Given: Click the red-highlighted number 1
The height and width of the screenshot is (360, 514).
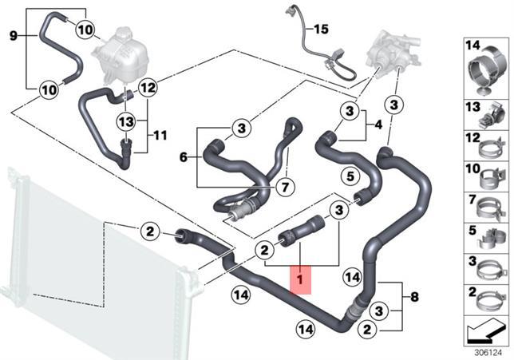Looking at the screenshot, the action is [300, 279].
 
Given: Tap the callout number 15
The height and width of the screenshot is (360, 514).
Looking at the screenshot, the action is [321, 30].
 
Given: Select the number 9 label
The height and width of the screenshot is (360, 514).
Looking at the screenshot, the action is [13, 35].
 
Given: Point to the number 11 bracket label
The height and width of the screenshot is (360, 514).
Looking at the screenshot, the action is [160, 135].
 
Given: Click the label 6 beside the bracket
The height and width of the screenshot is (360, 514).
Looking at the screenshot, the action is [184, 157].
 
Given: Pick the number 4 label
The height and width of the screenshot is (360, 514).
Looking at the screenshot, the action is [378, 125].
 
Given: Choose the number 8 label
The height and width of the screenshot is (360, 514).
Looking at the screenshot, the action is [415, 297].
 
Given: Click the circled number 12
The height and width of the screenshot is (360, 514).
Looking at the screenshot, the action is [148, 88].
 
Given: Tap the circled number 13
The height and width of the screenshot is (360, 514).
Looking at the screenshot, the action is [126, 122].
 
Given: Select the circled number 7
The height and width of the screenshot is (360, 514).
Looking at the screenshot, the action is [285, 188].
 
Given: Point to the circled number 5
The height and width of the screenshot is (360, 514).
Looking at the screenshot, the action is [350, 176].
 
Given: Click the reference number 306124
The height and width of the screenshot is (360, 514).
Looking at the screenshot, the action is [488, 353].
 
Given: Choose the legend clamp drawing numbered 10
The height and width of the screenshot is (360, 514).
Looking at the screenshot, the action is [491, 180].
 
